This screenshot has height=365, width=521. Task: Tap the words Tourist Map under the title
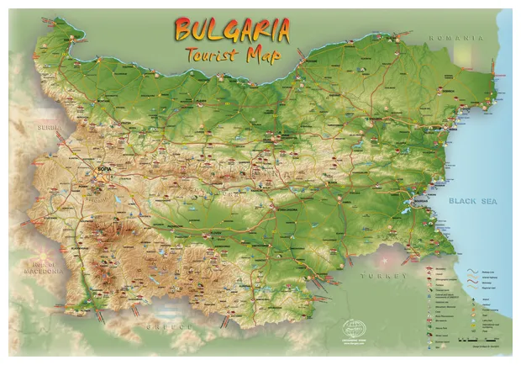(234, 55)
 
